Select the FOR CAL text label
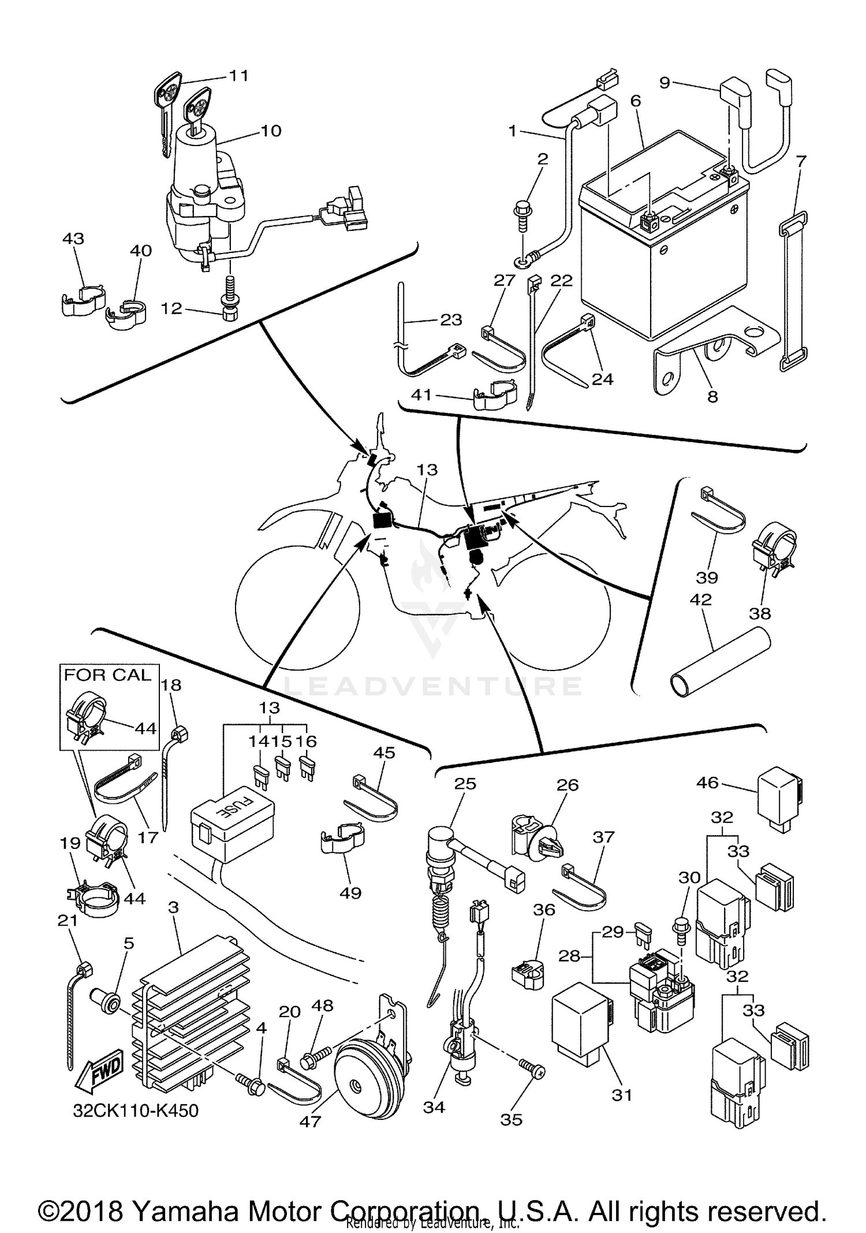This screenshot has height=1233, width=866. point(107,675)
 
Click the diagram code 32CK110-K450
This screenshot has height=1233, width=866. point(136,1111)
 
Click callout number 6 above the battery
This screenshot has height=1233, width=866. point(636,101)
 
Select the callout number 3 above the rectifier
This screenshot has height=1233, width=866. point(173,907)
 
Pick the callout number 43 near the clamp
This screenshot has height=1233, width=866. point(73,239)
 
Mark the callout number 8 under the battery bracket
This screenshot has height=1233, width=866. point(713,397)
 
